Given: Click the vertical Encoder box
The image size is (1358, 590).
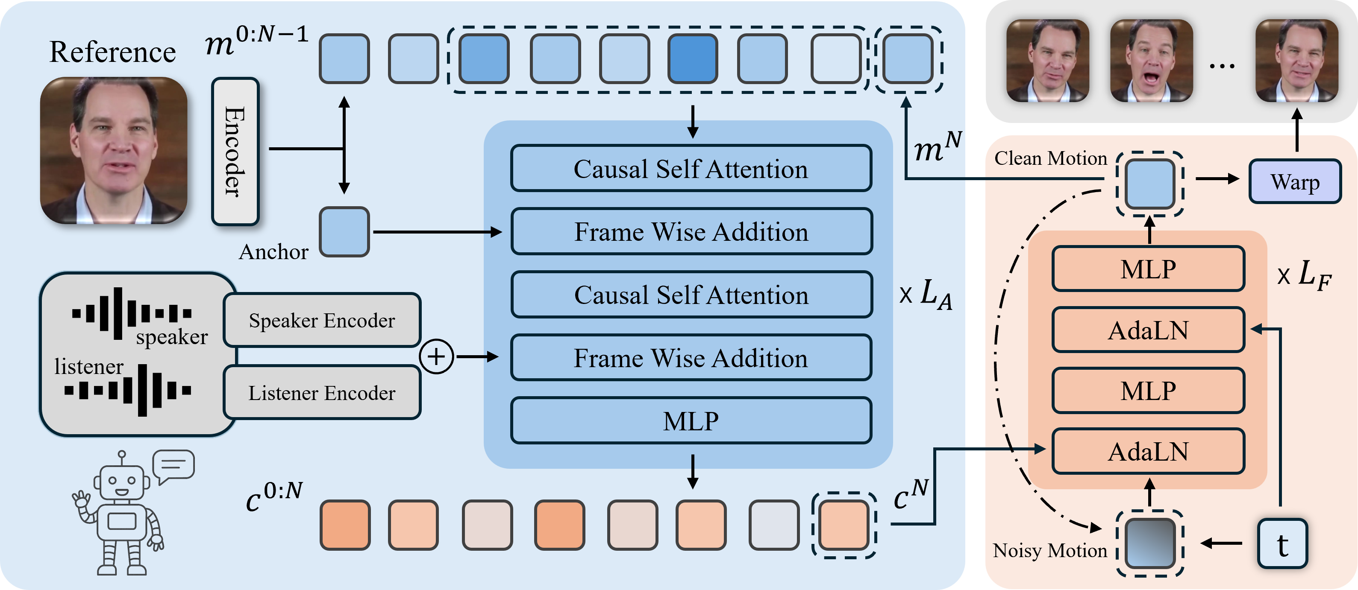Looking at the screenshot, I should tap(235, 152).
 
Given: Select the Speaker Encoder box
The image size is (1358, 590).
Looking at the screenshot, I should tap(322, 320).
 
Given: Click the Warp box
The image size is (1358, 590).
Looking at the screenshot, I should tap(1295, 182).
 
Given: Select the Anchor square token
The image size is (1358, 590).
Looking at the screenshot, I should tap(344, 232).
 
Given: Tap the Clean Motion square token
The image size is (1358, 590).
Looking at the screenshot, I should tap(1149, 184).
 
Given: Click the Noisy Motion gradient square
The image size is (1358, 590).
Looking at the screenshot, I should tap(1149, 543).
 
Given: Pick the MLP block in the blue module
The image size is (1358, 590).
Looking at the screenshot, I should tap(691, 421).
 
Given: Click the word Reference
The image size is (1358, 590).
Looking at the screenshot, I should tap(112, 52).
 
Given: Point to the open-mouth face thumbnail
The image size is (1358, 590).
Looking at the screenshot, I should tap(1151, 61).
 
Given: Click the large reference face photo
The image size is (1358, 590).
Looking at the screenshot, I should tap(114, 151).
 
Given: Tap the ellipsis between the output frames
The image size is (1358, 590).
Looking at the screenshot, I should tap(1222, 66).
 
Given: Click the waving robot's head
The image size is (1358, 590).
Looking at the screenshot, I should tap(122, 480).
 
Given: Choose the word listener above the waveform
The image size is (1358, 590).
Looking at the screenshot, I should tap(88, 366).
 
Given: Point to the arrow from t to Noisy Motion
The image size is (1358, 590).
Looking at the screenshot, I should tap(1222, 543).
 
